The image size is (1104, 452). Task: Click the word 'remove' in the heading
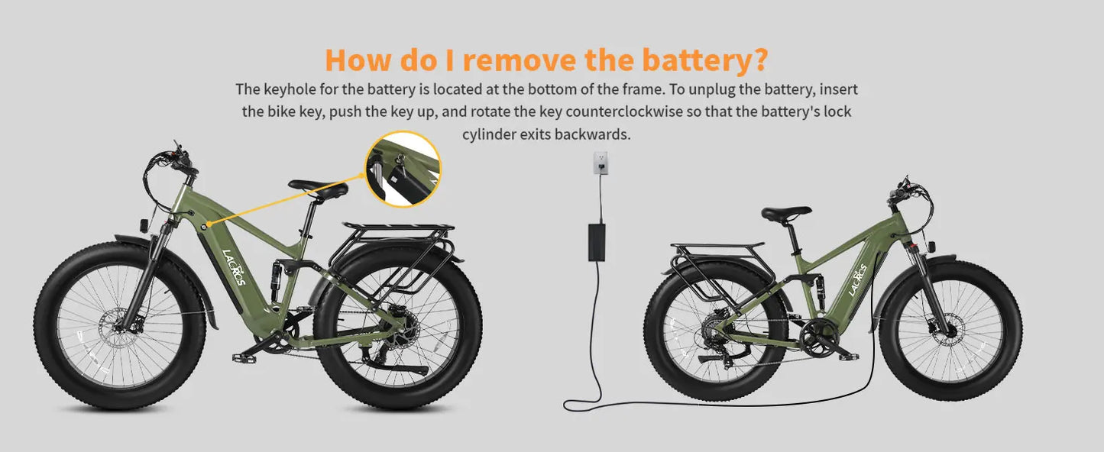pyautogui.click(x=519, y=59)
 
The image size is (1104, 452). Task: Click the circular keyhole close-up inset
pyautogui.click(x=403, y=169)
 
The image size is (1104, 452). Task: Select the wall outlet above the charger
pyautogui.click(x=601, y=163)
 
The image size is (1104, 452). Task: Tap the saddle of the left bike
pyautogui.click(x=318, y=188)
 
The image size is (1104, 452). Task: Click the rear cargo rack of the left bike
pyautogui.click(x=398, y=230)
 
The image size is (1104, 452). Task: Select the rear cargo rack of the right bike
pyautogui.click(x=717, y=249)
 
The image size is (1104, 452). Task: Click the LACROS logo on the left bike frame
pyautogui.click(x=234, y=267)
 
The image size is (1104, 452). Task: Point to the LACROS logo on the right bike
pyautogui.click(x=857, y=281)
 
